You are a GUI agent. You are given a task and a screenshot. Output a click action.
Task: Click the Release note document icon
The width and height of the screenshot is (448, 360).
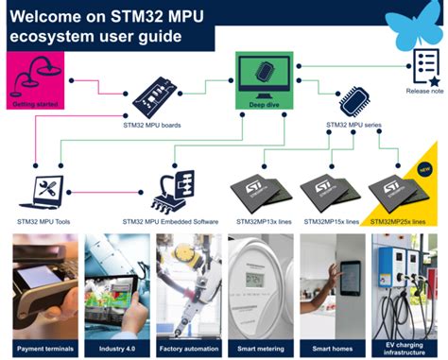[423, 65]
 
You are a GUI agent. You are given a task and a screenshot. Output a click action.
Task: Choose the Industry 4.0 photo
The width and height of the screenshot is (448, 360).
[116, 280]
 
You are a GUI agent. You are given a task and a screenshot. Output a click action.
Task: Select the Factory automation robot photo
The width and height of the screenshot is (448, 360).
[187, 280]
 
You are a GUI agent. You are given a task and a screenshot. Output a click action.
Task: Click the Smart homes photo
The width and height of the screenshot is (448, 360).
[331, 280]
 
